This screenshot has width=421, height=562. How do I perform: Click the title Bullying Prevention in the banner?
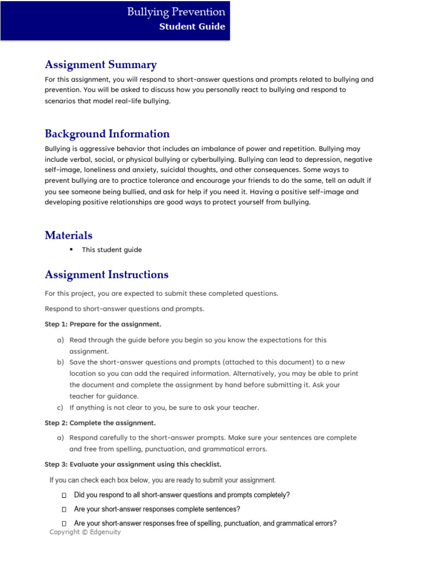(176, 12)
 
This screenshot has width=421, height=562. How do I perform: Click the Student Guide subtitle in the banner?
(192, 26)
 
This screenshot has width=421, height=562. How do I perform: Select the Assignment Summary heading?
(100, 65)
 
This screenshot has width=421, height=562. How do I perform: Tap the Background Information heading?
(107, 134)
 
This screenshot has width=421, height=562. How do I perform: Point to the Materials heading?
(69, 235)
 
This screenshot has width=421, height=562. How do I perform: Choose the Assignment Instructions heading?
(106, 274)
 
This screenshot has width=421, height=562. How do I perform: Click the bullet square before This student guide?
(71, 250)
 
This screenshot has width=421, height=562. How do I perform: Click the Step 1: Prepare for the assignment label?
(103, 324)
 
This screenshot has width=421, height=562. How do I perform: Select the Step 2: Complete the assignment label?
(100, 423)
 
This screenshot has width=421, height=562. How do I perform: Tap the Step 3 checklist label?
(133, 464)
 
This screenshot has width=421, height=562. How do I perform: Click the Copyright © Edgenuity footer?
(85, 532)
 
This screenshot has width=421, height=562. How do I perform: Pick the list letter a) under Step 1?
(60, 340)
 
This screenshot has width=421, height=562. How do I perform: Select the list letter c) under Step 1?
(60, 408)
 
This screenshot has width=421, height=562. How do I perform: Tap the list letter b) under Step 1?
(60, 363)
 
